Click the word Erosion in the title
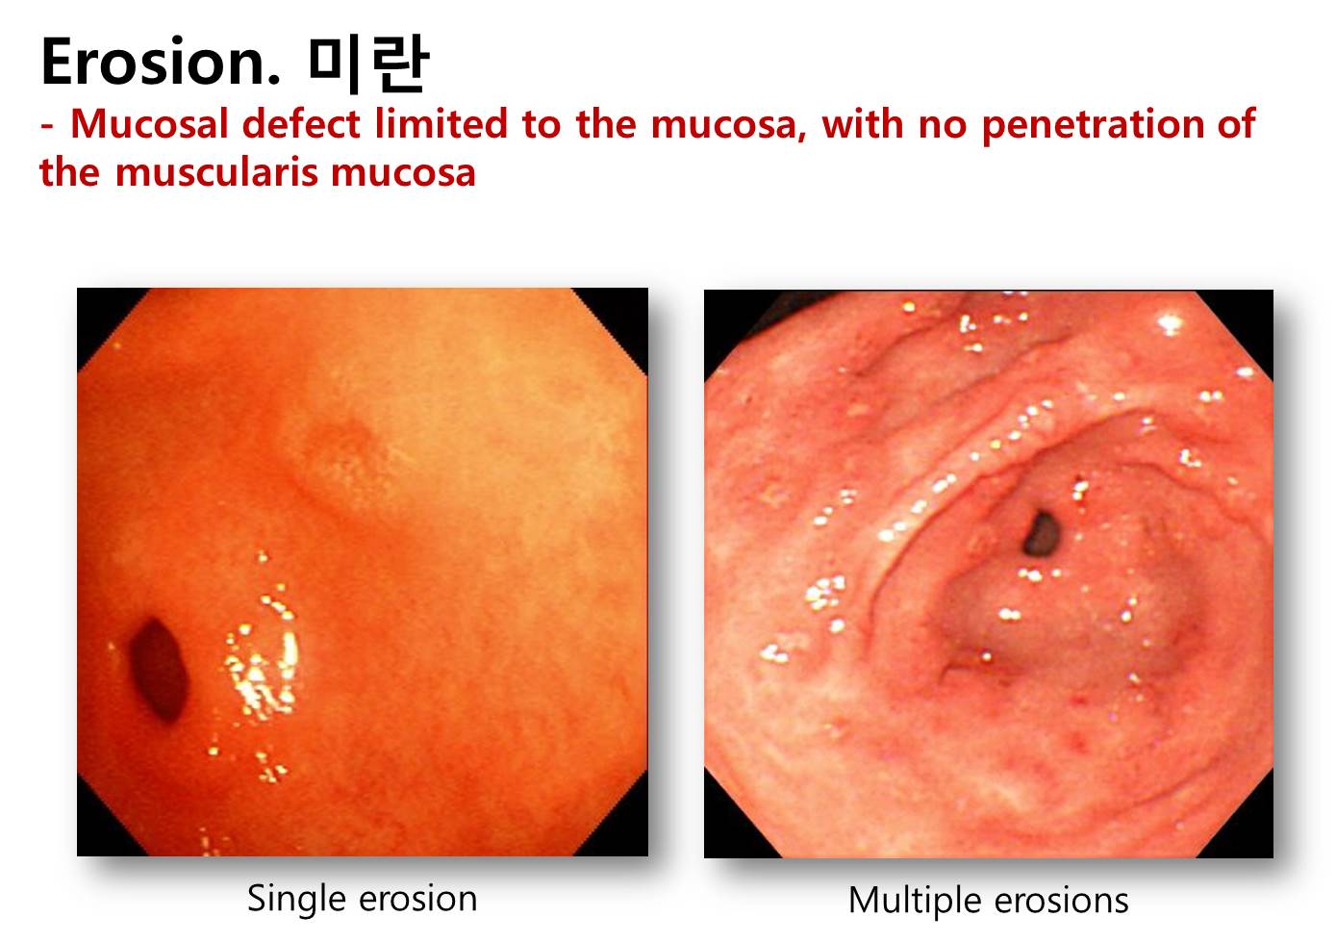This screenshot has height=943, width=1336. click(x=160, y=62)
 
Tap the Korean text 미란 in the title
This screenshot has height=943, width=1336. click(x=369, y=64)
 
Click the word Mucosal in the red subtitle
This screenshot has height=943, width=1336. click(x=150, y=124)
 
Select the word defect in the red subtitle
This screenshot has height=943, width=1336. click(x=301, y=124)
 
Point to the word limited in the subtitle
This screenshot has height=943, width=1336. click(x=441, y=124)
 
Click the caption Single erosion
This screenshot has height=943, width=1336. click(x=362, y=899)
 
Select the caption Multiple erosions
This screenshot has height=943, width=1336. click(x=988, y=902)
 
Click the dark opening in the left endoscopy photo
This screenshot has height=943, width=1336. click(x=158, y=669)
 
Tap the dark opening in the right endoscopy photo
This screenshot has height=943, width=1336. click(x=1042, y=534)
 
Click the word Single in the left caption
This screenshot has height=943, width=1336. click(x=296, y=901)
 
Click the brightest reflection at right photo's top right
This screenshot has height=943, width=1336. click(x=1171, y=324)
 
